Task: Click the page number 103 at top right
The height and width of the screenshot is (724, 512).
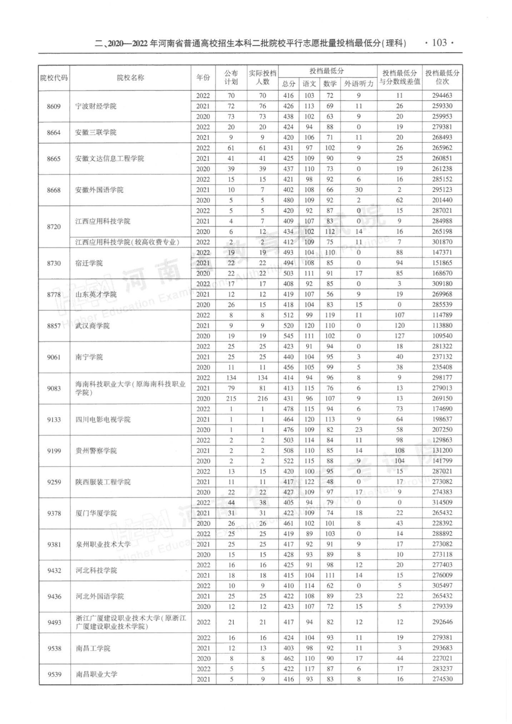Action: tap(439, 43)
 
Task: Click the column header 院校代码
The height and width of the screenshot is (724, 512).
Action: tap(54, 78)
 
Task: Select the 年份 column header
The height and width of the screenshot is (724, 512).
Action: tap(203, 78)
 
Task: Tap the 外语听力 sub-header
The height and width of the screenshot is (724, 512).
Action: tap(358, 84)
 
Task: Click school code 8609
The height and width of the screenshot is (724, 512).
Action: tap(54, 106)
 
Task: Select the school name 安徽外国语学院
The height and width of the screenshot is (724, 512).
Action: tap(99, 190)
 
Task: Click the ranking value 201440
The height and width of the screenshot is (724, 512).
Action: tap(442, 200)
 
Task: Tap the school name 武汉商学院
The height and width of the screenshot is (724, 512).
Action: tap(92, 326)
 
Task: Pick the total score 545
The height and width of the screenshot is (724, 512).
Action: tap(288, 336)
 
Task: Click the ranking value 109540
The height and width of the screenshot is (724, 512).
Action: tap(442, 336)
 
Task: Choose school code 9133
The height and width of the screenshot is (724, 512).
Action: tap(54, 419)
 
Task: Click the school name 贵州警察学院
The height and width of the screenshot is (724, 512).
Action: tap(96, 451)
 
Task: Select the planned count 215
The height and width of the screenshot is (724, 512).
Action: tap(231, 399)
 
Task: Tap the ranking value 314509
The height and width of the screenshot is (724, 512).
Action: tap(442, 502)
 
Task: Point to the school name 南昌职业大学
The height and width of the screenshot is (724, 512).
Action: tap(96, 674)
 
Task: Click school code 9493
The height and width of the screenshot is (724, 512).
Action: tap(54, 622)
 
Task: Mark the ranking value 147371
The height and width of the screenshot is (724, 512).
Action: tap(442, 252)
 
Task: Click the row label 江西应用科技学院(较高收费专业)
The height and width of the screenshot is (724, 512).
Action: tap(128, 242)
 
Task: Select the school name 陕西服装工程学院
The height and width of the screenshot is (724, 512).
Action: tap(103, 482)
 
